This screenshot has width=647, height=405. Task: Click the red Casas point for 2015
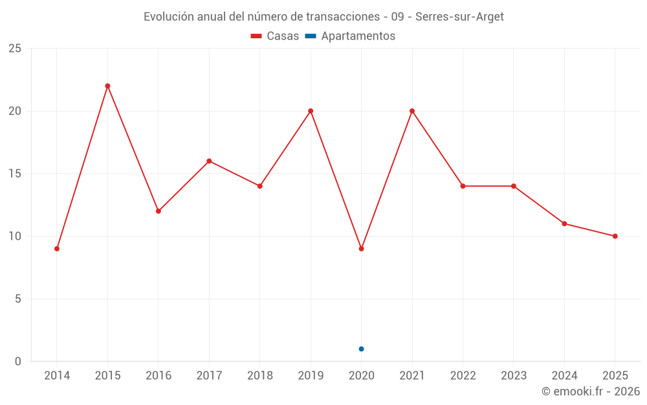click(x=107, y=86)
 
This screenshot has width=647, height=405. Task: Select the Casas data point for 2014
click(x=57, y=249)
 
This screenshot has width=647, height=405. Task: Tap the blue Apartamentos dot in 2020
click(x=362, y=349)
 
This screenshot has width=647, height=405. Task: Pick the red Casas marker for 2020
click(x=362, y=249)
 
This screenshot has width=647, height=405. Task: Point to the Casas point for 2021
click(x=412, y=111)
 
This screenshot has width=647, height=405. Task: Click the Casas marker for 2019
click(x=311, y=111)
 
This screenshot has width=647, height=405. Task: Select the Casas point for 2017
click(x=209, y=161)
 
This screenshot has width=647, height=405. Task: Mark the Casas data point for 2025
click(x=615, y=237)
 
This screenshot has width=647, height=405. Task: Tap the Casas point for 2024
click(x=564, y=224)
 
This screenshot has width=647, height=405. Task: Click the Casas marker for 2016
click(x=159, y=211)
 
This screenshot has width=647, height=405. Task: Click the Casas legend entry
click(x=275, y=36)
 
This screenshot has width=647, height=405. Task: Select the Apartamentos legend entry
click(x=350, y=36)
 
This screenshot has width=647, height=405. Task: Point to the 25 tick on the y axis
click(x=15, y=49)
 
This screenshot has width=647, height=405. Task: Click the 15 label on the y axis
click(x=15, y=174)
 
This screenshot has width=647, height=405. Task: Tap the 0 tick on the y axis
click(x=17, y=362)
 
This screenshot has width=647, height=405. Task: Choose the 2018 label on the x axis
click(x=260, y=376)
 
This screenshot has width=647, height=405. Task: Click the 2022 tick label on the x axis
click(x=463, y=376)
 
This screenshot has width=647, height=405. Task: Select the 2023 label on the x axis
click(x=514, y=376)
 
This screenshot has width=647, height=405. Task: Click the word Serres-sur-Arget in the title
click(x=459, y=17)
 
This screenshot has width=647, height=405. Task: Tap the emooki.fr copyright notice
click(x=591, y=391)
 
